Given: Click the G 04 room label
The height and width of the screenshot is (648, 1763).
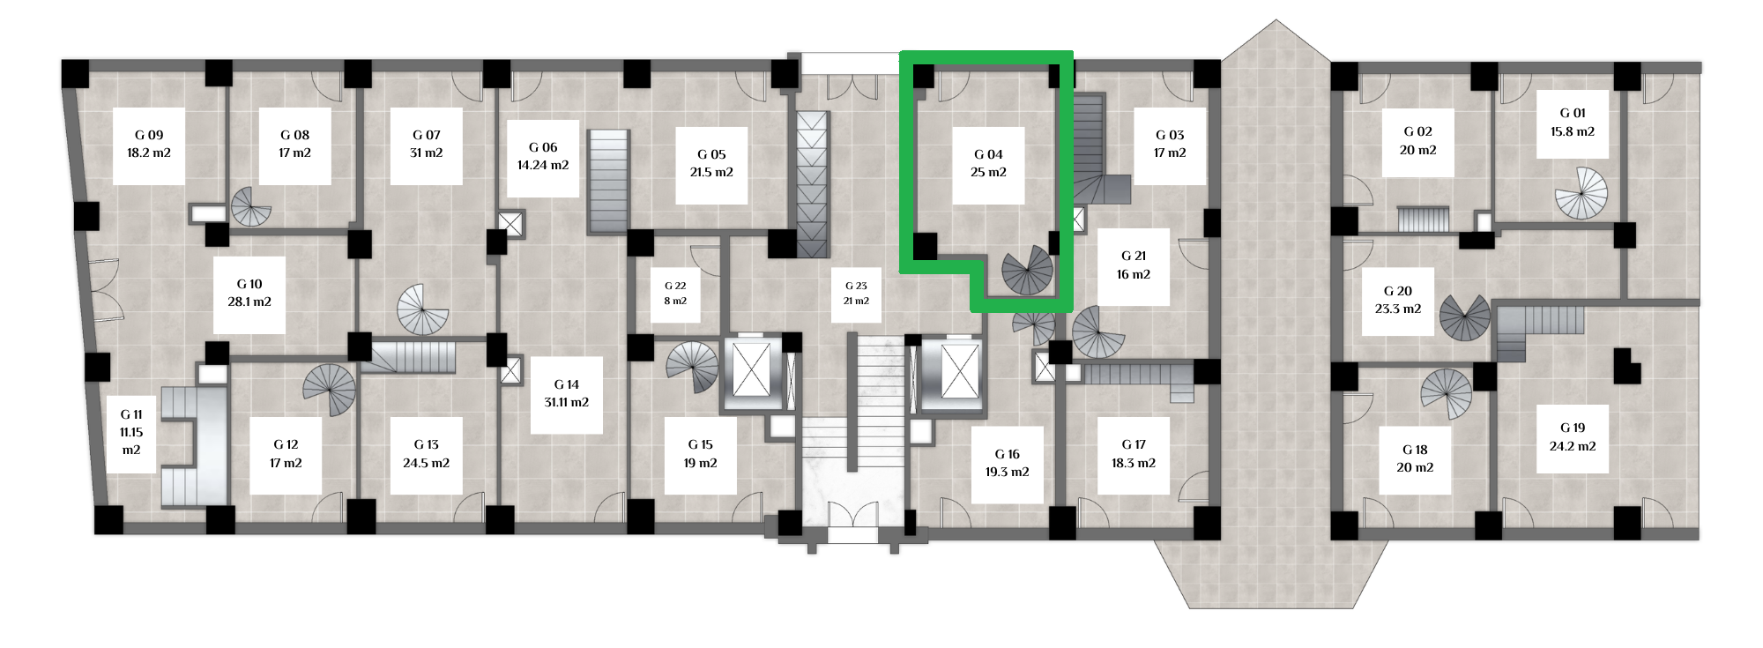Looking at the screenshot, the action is tap(988, 164).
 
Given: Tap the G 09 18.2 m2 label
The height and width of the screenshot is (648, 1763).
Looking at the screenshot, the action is tap(149, 145).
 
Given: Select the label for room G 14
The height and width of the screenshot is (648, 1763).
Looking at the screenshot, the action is tap(567, 394).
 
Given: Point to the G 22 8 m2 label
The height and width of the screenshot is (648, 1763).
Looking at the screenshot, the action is tap(675, 294).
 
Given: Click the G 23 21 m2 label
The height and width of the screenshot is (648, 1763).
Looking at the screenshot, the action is tap(856, 294).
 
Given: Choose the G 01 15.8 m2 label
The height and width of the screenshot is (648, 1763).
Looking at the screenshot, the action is tap(1573, 123).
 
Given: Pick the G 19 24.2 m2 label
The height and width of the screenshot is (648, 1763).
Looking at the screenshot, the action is tap(1573, 437).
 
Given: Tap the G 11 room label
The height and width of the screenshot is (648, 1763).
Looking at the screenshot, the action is tap(131, 433).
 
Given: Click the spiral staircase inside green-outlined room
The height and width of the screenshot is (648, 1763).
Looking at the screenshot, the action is tap(1028, 270).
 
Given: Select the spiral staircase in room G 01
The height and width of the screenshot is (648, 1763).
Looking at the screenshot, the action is tap(1581, 193).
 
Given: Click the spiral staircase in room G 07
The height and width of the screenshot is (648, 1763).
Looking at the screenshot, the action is tap(423, 310).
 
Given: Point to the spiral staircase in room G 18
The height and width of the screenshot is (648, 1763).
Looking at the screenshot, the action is tap(1447, 394).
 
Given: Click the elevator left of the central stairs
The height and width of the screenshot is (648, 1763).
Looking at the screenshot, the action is tap(752, 371).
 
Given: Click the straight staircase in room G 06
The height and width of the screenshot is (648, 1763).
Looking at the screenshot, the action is tap(608, 182).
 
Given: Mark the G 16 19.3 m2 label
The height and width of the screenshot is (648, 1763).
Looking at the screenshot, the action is tap(1008, 464).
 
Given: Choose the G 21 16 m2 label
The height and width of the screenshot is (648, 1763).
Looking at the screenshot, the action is tap(1134, 265).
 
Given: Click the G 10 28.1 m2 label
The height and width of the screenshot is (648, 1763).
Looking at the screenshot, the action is tap(249, 294).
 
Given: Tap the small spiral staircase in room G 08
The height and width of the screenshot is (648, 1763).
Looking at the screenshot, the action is tap(251, 206).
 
